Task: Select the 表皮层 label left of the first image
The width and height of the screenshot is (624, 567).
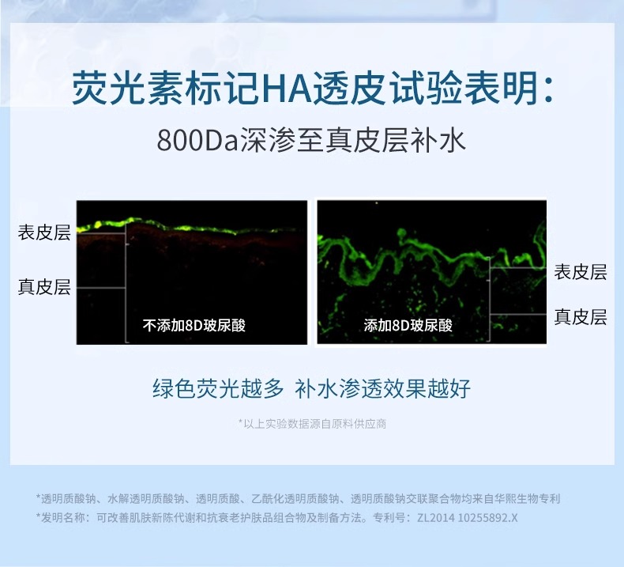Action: pos(44,232)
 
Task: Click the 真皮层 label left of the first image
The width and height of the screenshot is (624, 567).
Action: pos(44,287)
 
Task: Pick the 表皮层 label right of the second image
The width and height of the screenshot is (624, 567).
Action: pos(581,272)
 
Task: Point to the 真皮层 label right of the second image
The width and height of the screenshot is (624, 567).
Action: pos(581,317)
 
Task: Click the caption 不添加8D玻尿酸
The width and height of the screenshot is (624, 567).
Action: pos(194,326)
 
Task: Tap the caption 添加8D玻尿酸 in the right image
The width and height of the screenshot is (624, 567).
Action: pos(408,326)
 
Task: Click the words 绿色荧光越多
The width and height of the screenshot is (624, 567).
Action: pos(218,388)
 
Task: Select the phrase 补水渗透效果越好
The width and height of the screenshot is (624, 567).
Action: pos(382,388)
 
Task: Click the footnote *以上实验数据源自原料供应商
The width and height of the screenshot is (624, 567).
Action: pos(312,424)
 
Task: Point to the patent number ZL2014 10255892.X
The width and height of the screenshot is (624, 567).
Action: pos(467,518)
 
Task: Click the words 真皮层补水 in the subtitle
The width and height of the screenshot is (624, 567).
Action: pos(396,140)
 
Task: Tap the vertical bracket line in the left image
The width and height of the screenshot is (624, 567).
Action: pos(126,282)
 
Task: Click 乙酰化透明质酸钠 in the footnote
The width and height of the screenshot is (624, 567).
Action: pos(295,498)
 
